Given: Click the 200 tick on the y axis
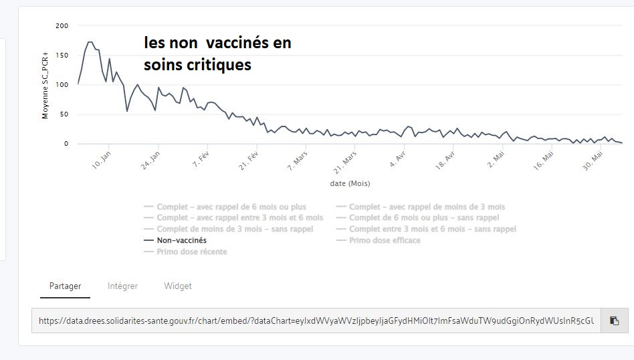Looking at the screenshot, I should [x=62, y=25].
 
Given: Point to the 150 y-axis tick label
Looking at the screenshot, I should [x=62, y=55].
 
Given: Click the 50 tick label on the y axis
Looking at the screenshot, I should [x=64, y=114].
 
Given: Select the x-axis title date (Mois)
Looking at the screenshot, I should [x=350, y=183].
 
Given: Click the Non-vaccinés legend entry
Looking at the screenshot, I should [x=181, y=240].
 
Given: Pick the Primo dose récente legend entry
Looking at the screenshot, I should [x=191, y=252].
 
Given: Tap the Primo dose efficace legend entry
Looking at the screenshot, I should [x=385, y=240].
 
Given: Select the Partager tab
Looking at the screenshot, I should [x=65, y=286].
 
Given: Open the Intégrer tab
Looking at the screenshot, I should [x=122, y=286].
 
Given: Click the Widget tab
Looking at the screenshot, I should [x=178, y=286].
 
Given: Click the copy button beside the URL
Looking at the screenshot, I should [x=614, y=321].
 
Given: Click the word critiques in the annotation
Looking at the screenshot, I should [x=219, y=65].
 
